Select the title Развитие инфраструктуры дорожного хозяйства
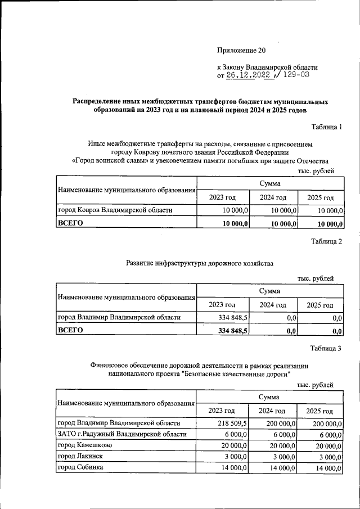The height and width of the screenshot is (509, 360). click(199, 263)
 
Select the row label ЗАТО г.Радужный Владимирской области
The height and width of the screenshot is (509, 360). click(121, 434)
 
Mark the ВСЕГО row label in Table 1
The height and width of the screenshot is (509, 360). click(71, 223)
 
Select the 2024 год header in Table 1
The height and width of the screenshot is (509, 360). click(273, 197)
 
